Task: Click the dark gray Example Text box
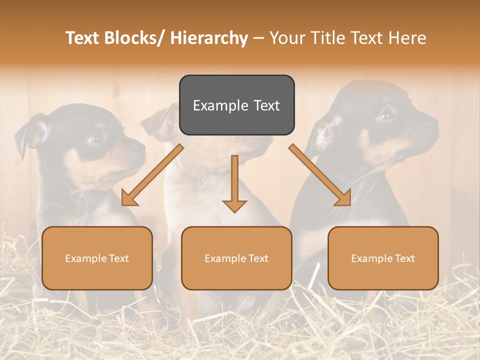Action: coord(236,105)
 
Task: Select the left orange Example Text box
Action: coord(97,258)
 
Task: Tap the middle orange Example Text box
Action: coord(236,258)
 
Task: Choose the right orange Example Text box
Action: coord(383,258)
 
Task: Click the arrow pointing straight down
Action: coord(234,185)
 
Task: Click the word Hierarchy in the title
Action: coord(209,38)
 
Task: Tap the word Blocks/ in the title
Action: coord(136,38)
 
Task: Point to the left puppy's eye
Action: coord(95,136)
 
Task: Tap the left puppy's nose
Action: coord(141,148)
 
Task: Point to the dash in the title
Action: coord(258,38)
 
